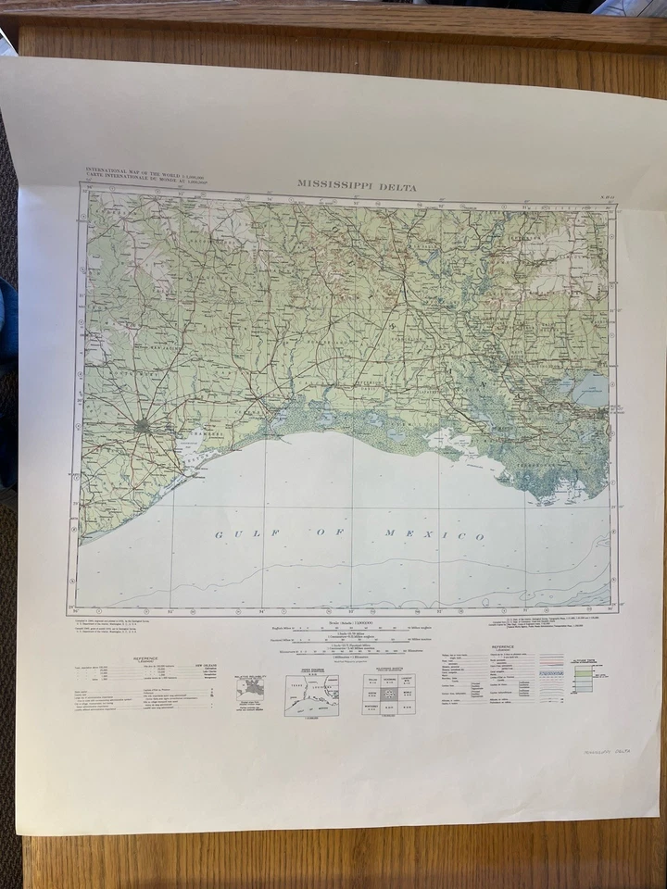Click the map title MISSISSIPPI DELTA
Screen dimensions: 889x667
pyautogui.click(x=357, y=184)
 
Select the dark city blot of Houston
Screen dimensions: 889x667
pyautogui.click(x=141, y=427)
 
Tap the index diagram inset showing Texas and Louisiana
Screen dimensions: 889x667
pyautogui.click(x=310, y=694)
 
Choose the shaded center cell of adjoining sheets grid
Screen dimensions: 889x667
pyautogui.click(x=389, y=694)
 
